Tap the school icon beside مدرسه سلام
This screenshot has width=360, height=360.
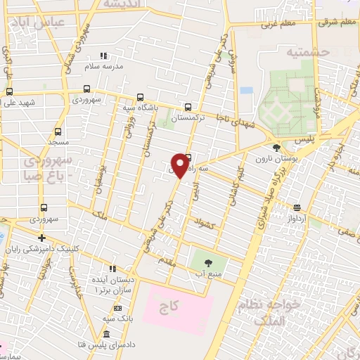104,56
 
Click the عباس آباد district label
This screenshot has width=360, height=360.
38,22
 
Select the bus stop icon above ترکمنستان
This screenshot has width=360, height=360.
187,107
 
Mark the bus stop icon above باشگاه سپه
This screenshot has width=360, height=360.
140,98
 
